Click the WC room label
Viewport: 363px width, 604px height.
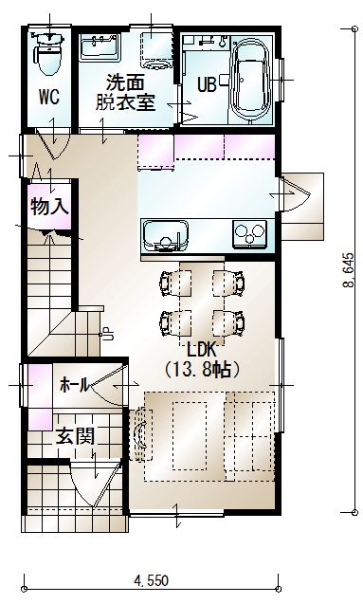(x=49, y=97)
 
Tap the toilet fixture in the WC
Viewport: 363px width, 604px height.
(x=48, y=53)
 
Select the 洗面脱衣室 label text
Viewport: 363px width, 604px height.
(x=125, y=92)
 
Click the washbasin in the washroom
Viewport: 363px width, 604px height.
(x=100, y=47)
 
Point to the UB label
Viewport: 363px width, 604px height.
(x=207, y=84)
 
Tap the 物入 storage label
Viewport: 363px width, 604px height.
(x=49, y=207)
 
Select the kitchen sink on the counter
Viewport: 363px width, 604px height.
(x=165, y=235)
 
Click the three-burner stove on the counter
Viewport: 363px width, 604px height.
(x=250, y=233)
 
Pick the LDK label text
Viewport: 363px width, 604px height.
(x=203, y=350)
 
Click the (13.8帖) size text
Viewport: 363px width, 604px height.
(x=203, y=370)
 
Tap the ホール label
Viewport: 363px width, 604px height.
(x=75, y=384)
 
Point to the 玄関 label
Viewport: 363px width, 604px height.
(x=76, y=436)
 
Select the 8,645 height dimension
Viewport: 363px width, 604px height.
(x=348, y=270)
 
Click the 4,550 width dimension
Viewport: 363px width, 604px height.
(x=151, y=579)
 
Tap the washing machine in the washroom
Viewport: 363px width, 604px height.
(x=155, y=50)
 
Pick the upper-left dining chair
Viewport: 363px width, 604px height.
(x=175, y=284)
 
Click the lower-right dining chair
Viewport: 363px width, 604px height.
(x=228, y=322)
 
